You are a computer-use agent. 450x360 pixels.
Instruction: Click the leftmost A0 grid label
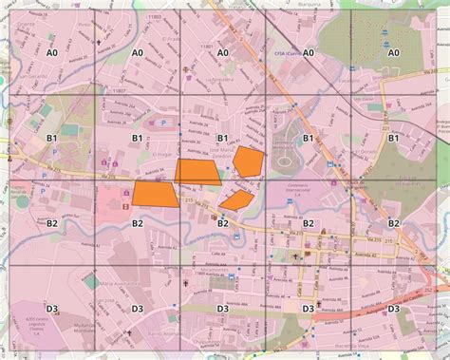coord(51,53)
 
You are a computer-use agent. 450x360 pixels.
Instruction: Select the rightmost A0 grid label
coord(393,53)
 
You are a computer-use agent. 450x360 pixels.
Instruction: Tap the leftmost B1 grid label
coord(51,139)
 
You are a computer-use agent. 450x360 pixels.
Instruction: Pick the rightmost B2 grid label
coord(393,223)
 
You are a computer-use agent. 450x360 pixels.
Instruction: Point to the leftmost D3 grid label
coord(51,309)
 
